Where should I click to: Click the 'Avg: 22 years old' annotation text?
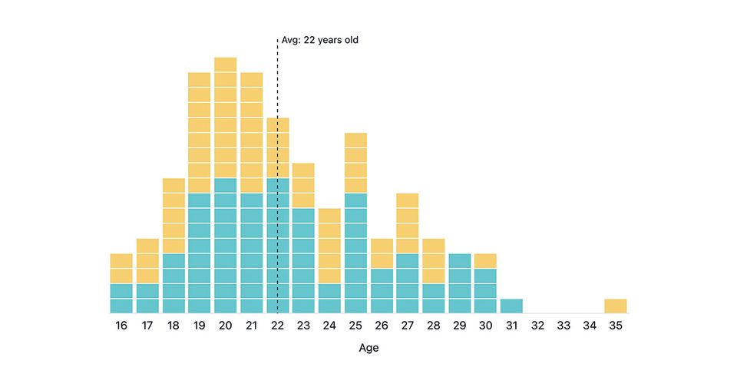319,40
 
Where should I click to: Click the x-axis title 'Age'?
368,348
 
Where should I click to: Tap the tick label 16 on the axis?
121,326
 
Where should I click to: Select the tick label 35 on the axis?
616,326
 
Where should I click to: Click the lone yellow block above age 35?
616,306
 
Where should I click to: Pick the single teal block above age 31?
511,306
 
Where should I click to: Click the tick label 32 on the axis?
537,326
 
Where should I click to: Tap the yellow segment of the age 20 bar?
225,117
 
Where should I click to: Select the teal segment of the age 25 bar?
355,253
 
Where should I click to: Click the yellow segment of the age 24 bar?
329,246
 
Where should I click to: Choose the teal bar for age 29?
459,283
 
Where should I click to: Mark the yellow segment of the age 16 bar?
121,269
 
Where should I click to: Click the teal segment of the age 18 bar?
174,283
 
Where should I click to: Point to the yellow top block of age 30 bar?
485,261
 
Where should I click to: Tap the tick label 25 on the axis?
355,326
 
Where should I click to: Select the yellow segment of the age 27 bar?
408,223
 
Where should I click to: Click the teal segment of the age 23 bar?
303,261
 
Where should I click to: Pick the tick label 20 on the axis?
225,326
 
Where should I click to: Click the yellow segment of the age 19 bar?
199,132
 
